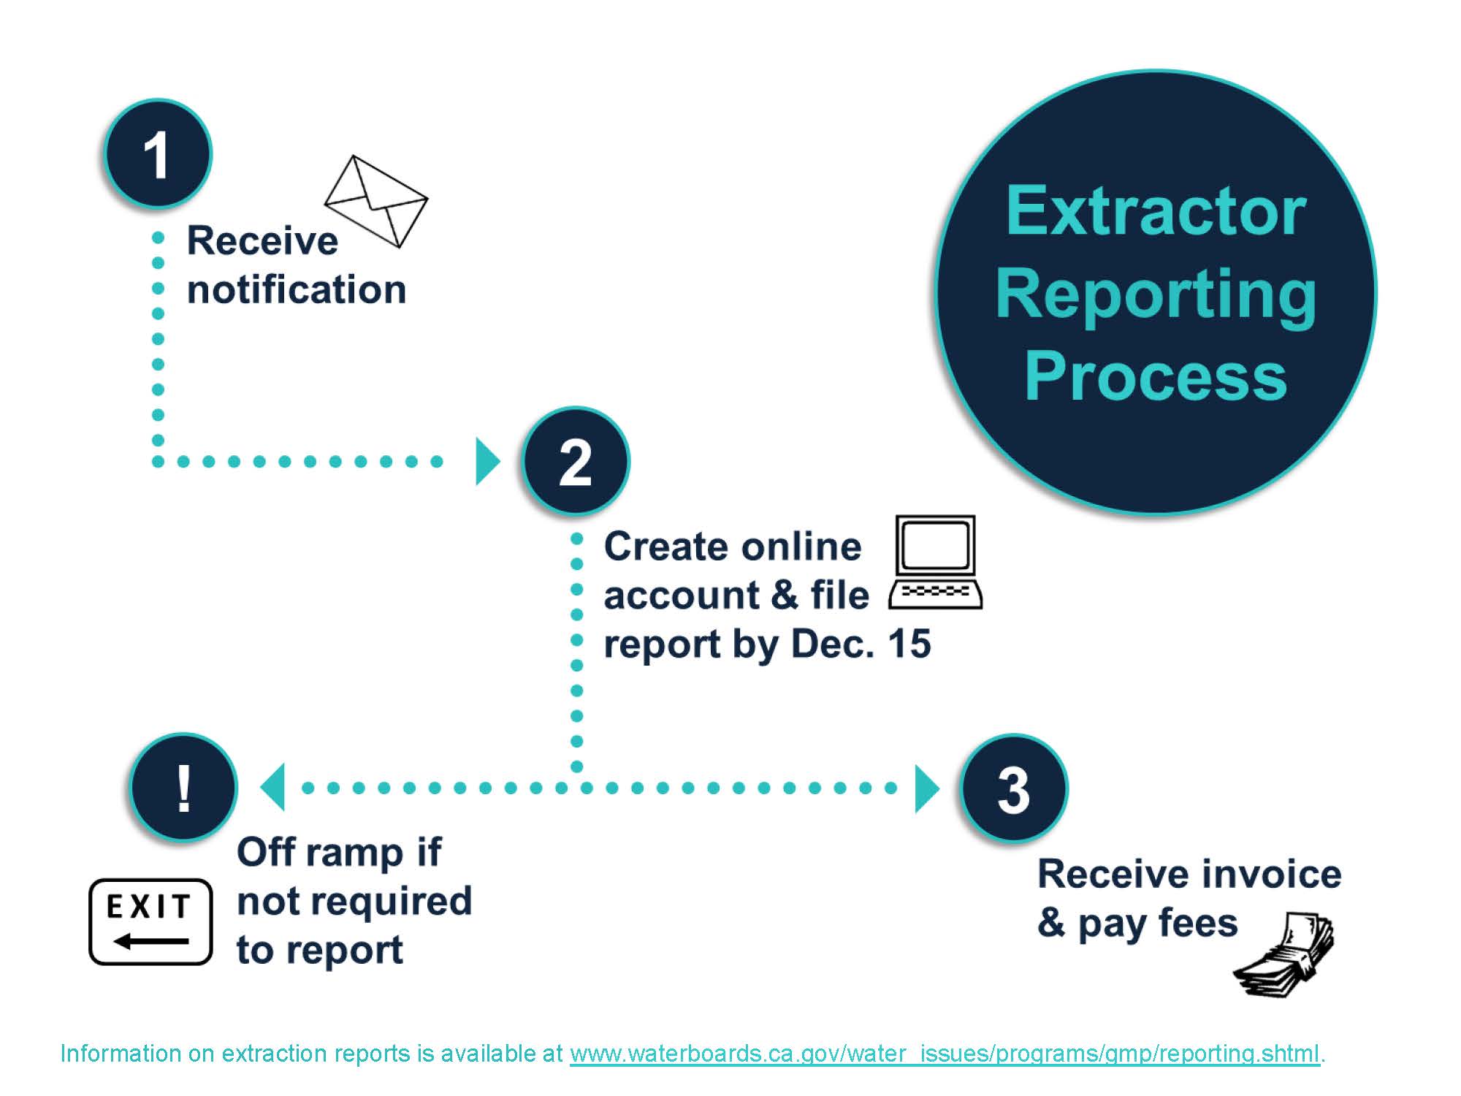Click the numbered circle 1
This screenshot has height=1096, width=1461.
tap(157, 155)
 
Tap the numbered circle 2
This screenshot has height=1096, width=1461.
tap(576, 462)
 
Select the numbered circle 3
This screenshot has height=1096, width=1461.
tap(1014, 789)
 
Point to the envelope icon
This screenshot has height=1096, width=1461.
tap(376, 201)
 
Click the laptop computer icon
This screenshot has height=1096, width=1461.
tap(936, 563)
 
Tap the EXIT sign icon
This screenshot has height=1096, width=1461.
tap(150, 922)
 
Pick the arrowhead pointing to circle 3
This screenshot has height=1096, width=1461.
tap(926, 788)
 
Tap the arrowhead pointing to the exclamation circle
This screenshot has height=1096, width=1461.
tap(273, 788)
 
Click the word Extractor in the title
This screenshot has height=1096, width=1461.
tap(1156, 211)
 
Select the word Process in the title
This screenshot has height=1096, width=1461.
tap(1156, 377)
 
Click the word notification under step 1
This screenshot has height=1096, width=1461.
tap(297, 289)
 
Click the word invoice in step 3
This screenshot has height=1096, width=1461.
tap(1272, 875)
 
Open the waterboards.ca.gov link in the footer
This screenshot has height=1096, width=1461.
tap(945, 1054)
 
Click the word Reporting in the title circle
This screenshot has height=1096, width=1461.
tap(1156, 295)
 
